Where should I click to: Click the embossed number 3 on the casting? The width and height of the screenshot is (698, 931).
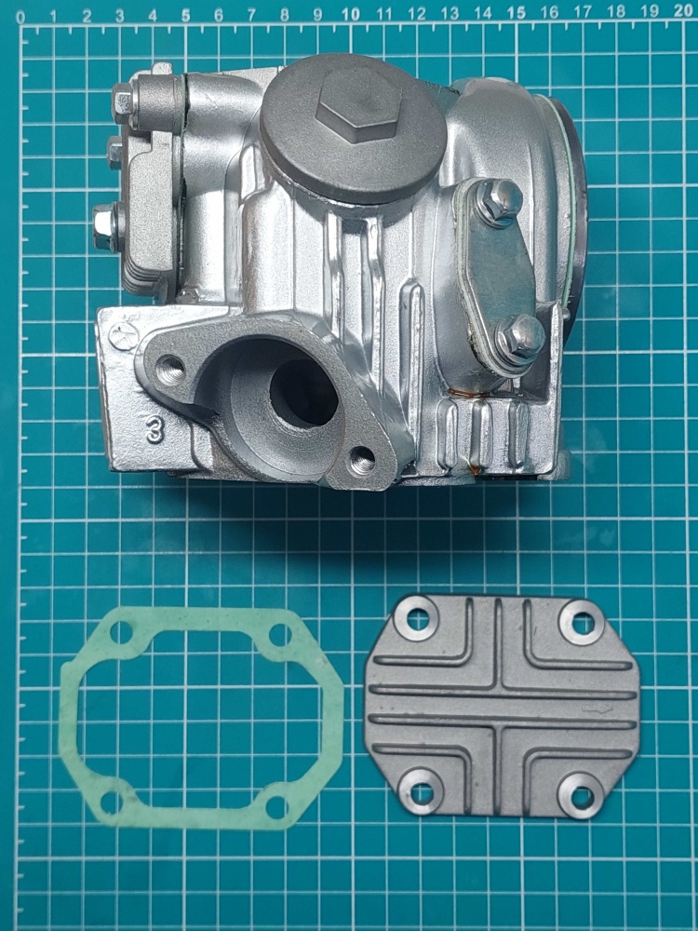coord(155,428)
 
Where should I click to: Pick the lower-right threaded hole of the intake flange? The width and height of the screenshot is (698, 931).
coord(362,460)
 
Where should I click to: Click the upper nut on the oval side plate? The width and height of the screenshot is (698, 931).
coord(499,201)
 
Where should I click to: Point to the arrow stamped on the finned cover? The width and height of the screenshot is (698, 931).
coord(597,708)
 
